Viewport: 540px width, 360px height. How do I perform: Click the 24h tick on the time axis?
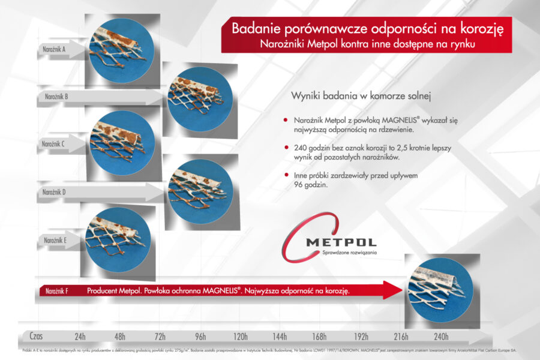(x=80, y=336)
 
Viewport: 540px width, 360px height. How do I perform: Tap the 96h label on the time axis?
(x=200, y=336)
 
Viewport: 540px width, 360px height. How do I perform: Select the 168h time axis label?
(x=320, y=336)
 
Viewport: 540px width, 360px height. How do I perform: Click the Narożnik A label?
(x=53, y=49)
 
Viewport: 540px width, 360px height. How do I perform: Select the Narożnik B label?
(x=57, y=96)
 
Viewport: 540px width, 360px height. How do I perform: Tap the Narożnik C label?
(x=53, y=144)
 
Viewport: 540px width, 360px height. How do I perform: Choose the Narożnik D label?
(x=55, y=192)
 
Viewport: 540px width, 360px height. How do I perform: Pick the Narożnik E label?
(x=55, y=240)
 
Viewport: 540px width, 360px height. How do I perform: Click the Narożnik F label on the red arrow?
(x=57, y=291)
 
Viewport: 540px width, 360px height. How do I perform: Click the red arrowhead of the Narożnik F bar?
(x=393, y=290)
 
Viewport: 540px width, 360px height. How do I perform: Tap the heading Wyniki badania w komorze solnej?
(x=362, y=96)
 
